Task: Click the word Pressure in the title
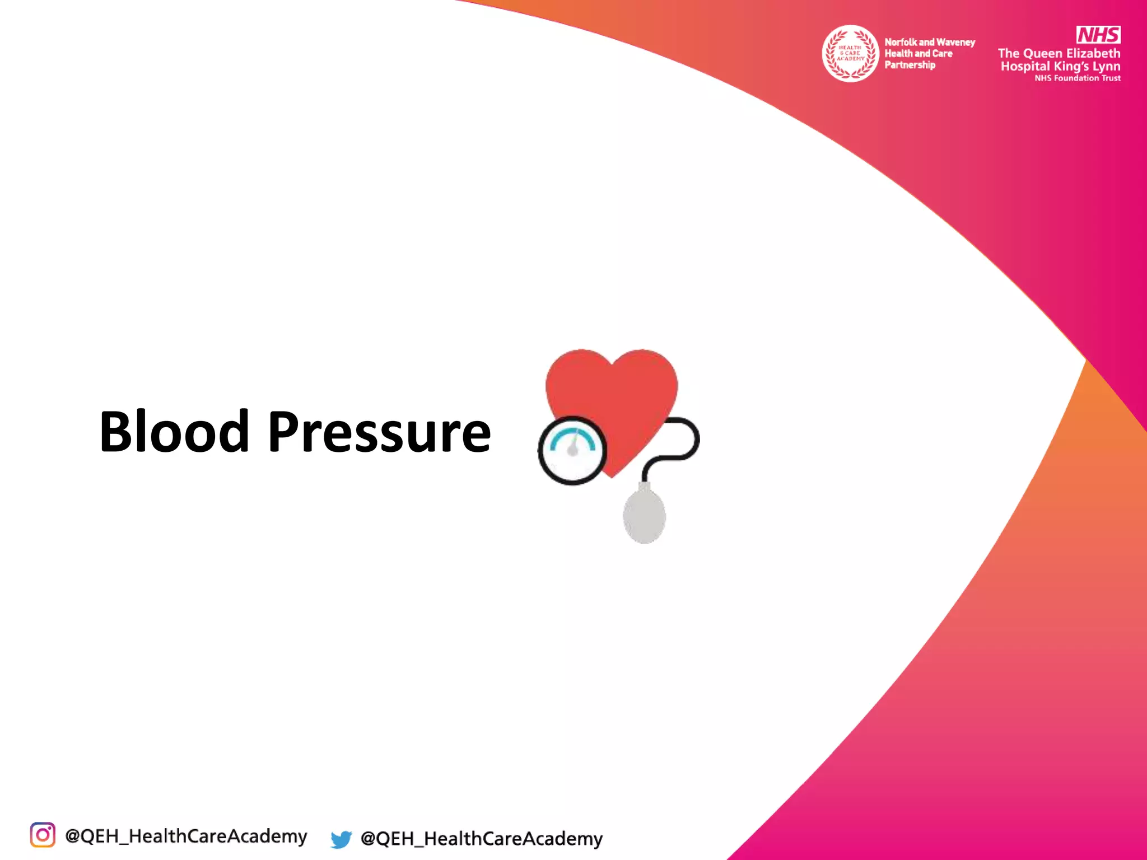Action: [379, 432]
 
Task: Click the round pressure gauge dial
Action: [572, 451]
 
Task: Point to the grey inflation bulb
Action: [644, 515]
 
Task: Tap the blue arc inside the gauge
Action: [572, 437]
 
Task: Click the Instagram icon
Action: [43, 835]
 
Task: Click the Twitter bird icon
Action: [341, 839]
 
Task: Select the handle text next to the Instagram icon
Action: [186, 836]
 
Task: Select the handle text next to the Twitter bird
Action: [482, 839]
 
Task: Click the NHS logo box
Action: [1098, 35]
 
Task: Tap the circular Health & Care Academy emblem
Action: [850, 53]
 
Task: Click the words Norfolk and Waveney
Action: [930, 42]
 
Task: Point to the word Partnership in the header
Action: [910, 65]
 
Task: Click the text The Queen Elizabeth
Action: [1059, 53]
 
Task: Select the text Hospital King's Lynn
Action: [1060, 66]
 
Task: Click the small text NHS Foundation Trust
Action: [1078, 78]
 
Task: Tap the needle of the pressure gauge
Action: [573, 445]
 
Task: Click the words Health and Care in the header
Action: [918, 54]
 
